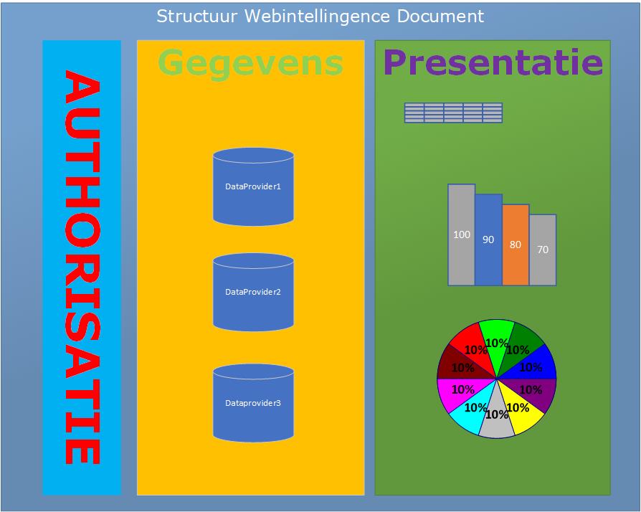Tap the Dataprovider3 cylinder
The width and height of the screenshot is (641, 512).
[x=253, y=403]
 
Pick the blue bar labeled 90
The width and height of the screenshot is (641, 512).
[x=488, y=240]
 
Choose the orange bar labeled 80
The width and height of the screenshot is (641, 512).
[x=516, y=245]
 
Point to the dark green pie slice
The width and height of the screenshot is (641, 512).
[x=522, y=342]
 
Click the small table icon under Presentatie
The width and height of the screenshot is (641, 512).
[x=453, y=113]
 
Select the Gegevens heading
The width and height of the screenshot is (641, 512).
[x=250, y=62]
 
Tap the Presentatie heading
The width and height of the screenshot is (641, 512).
[x=493, y=62]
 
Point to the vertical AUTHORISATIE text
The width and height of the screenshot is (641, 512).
[x=82, y=267]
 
